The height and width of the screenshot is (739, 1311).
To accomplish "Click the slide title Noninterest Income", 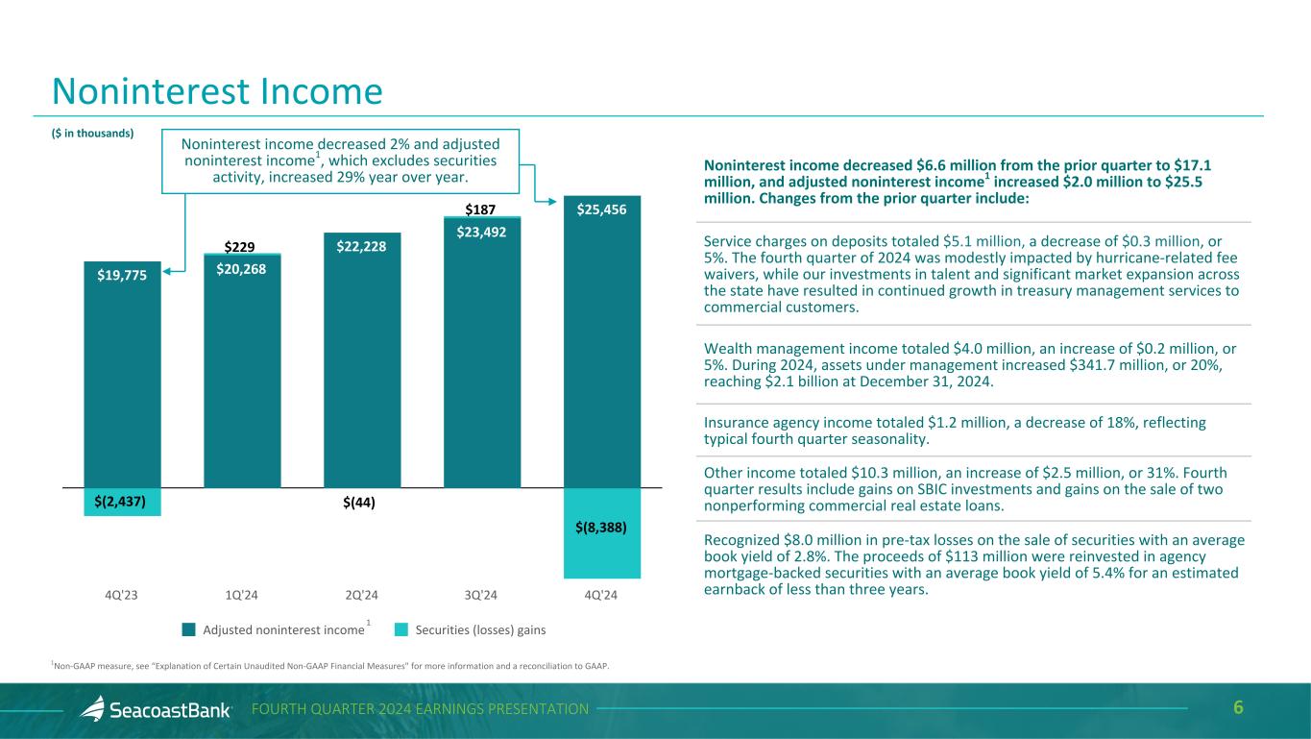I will click(217, 91).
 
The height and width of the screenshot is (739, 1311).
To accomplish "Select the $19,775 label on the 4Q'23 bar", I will click(122, 276).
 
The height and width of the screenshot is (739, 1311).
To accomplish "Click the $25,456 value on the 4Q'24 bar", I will click(602, 209).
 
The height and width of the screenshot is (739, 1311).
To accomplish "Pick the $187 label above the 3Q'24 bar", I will click(481, 209).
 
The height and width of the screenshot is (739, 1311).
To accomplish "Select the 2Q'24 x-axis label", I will click(362, 593).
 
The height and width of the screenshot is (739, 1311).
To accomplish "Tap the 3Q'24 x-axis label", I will click(482, 593).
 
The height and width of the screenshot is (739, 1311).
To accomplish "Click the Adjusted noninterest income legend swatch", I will click(188, 630).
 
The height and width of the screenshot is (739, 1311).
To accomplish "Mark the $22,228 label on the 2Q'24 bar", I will click(362, 247).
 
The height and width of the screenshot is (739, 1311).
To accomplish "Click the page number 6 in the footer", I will click(1239, 708).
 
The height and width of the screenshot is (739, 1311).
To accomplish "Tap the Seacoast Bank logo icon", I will click(93, 709).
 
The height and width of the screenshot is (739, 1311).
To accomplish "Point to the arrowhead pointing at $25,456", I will click(555, 201).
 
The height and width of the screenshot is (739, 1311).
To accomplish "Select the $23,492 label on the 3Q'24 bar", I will click(482, 231).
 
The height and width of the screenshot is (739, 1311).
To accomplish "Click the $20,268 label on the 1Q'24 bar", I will click(242, 269).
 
